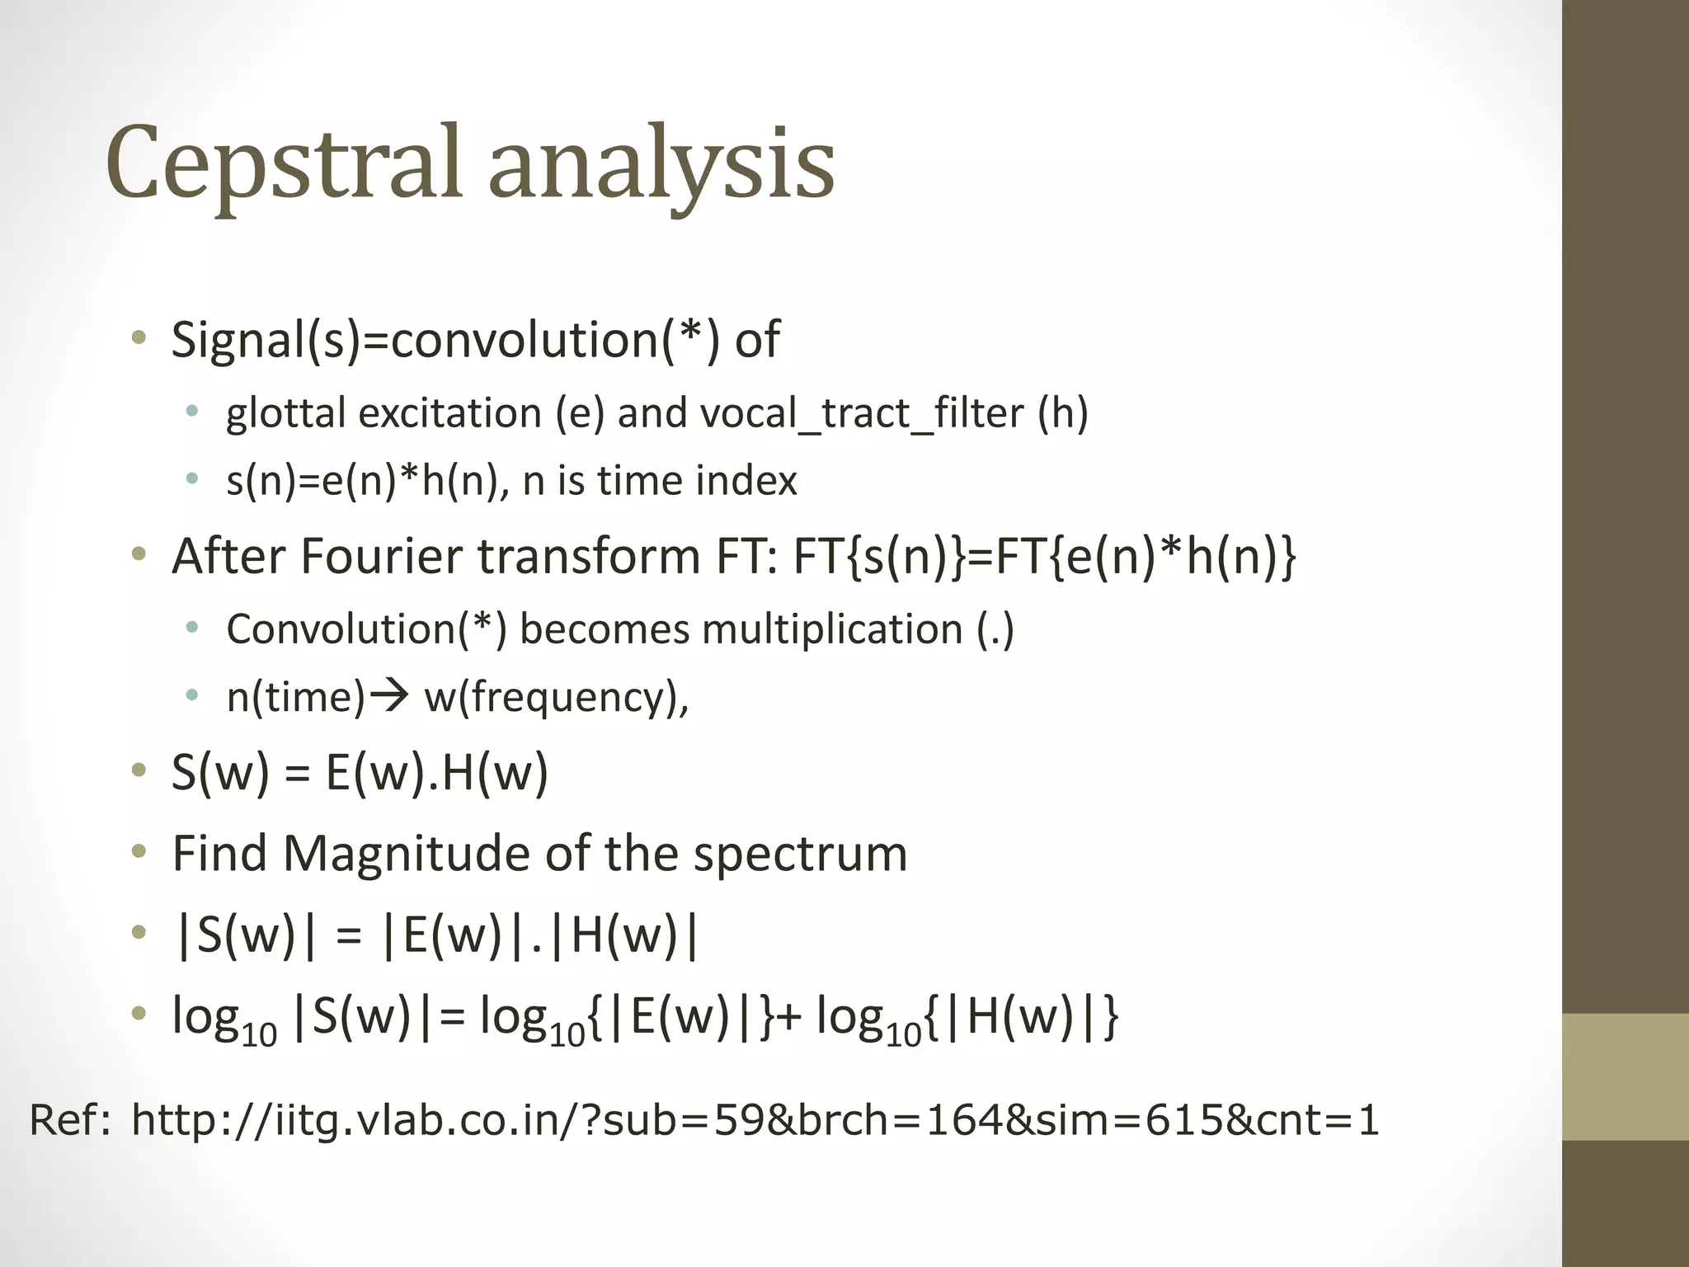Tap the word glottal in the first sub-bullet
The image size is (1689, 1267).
pyautogui.click(x=285, y=412)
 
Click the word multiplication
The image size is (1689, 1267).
pyautogui.click(x=832, y=629)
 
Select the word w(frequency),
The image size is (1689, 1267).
pyautogui.click(x=557, y=698)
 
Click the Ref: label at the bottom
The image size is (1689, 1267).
pyautogui.click(x=69, y=1120)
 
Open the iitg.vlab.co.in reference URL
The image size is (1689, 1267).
pyautogui.click(x=755, y=1120)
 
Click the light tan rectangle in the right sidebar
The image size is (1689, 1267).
pyautogui.click(x=1625, y=1076)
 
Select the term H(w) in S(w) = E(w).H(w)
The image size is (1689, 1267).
pyautogui.click(x=495, y=773)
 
